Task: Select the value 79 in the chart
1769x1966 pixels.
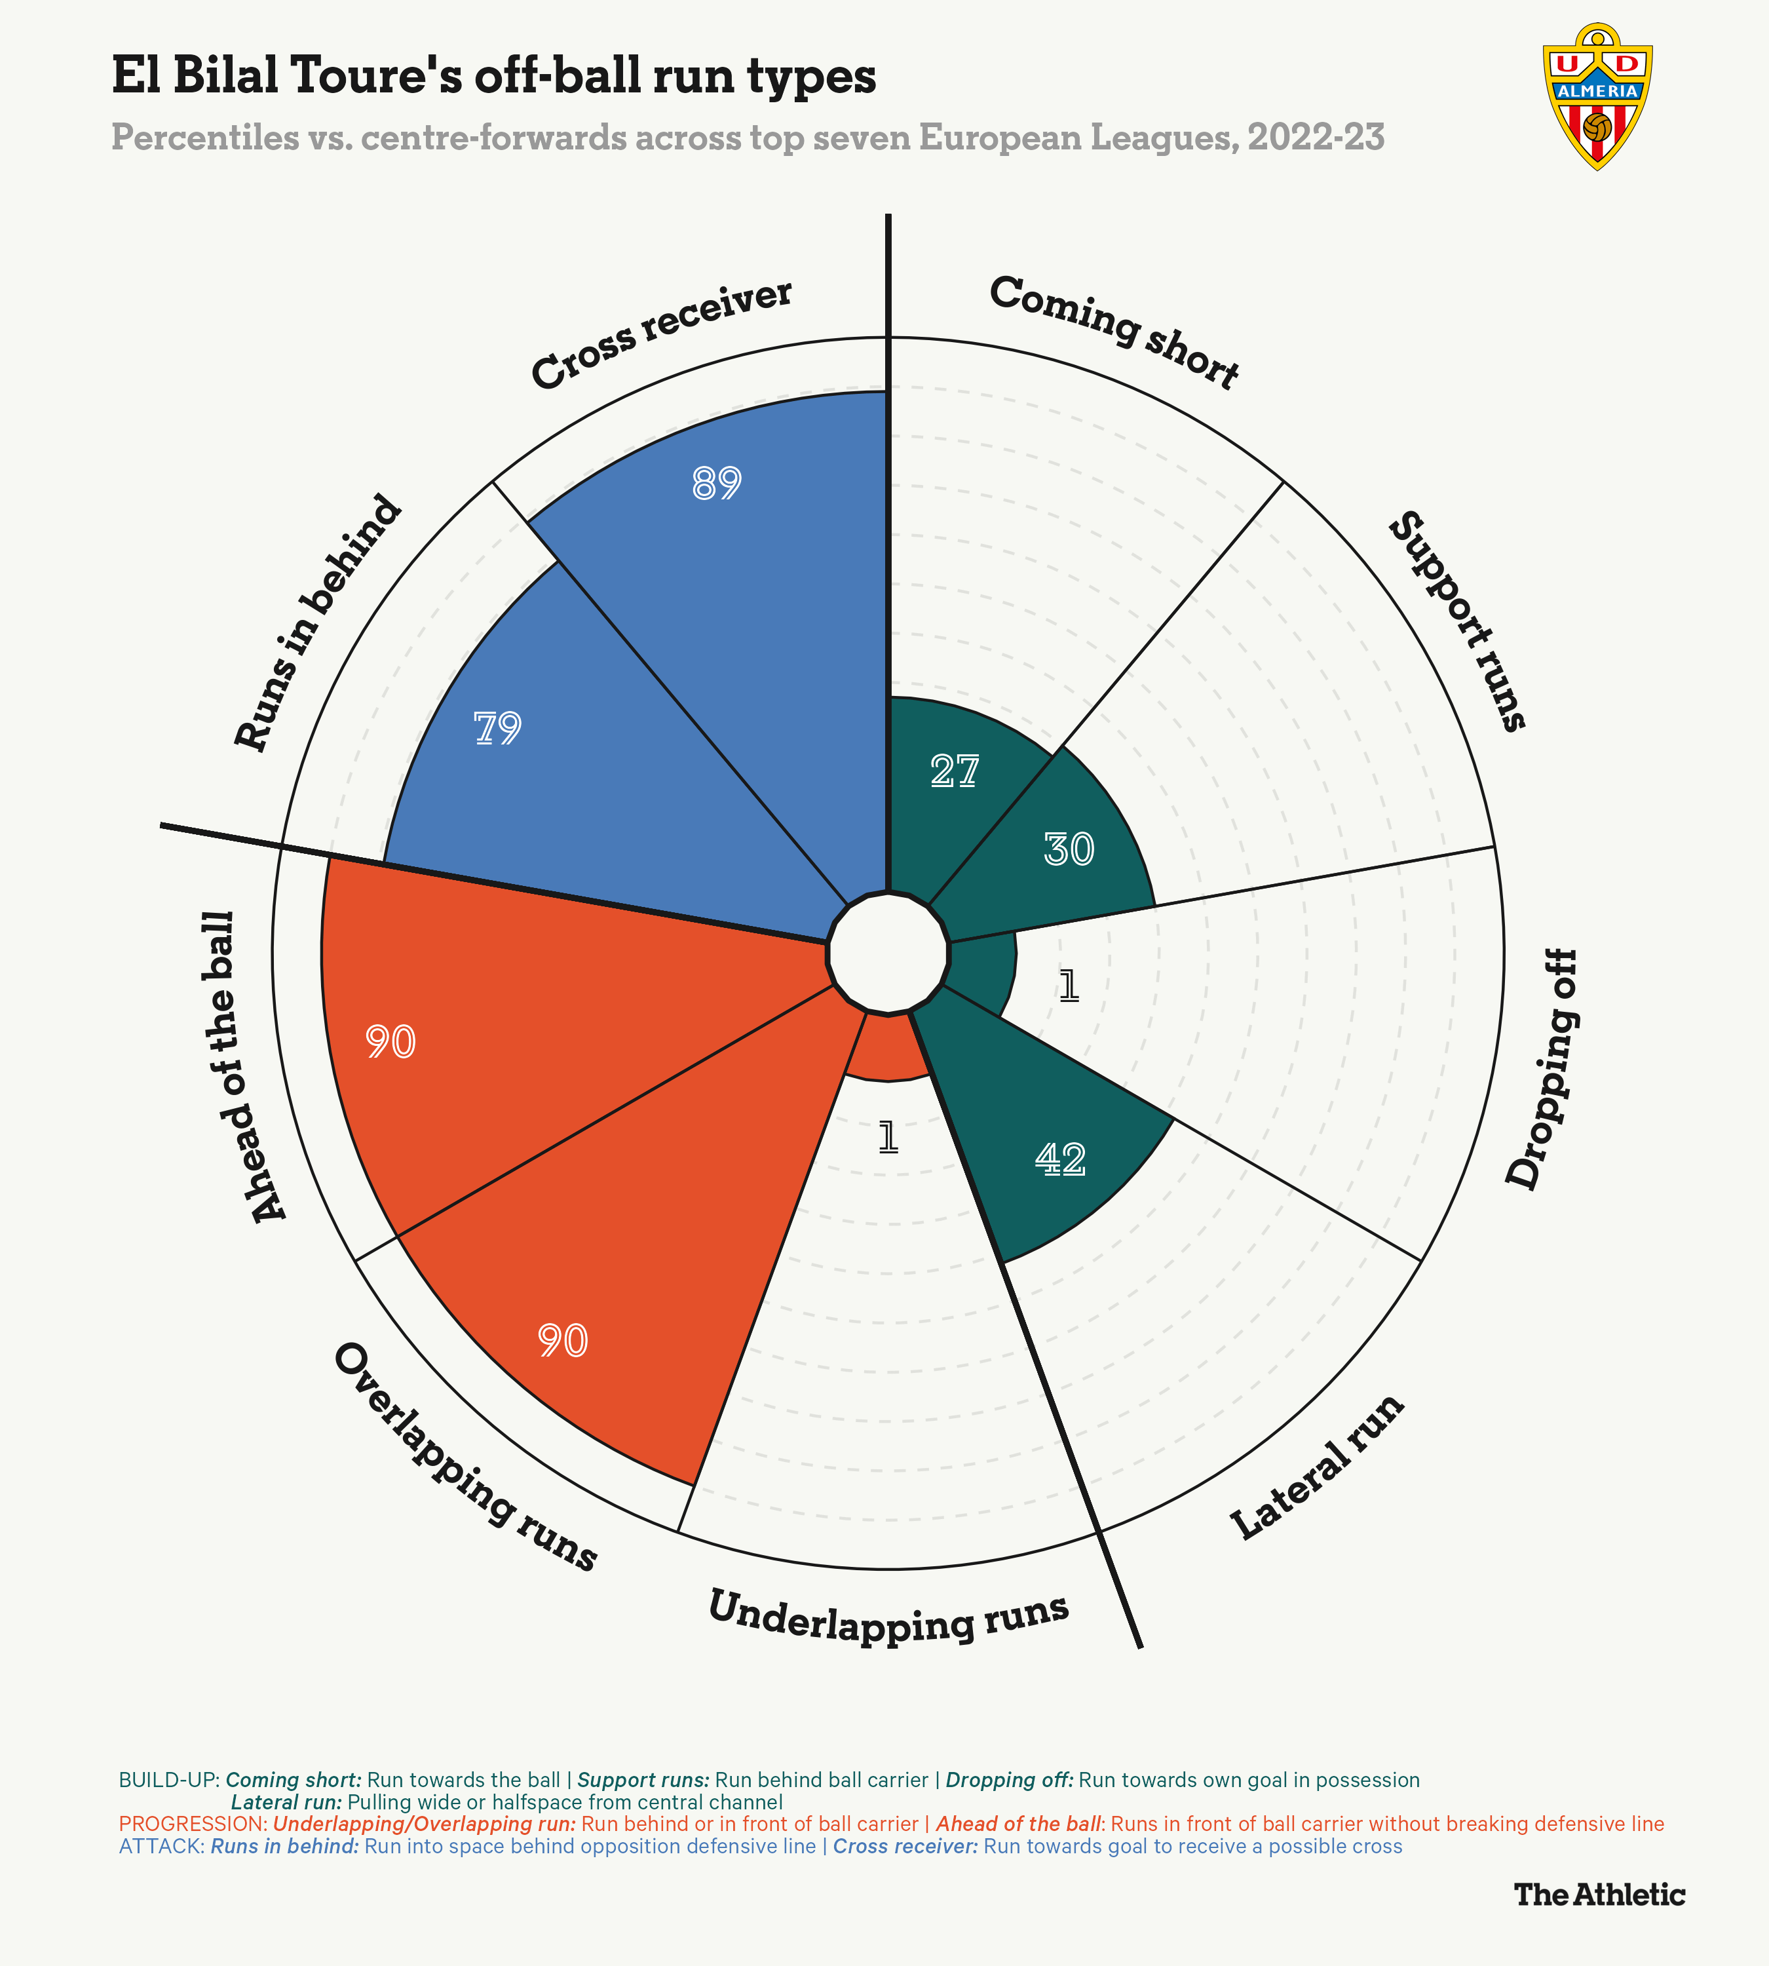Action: (498, 727)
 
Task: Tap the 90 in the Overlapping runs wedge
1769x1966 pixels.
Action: (563, 1341)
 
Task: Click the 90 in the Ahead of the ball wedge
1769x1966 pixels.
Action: (390, 1043)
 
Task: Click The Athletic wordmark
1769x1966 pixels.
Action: (1599, 1894)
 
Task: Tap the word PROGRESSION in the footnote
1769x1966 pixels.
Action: (191, 1823)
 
